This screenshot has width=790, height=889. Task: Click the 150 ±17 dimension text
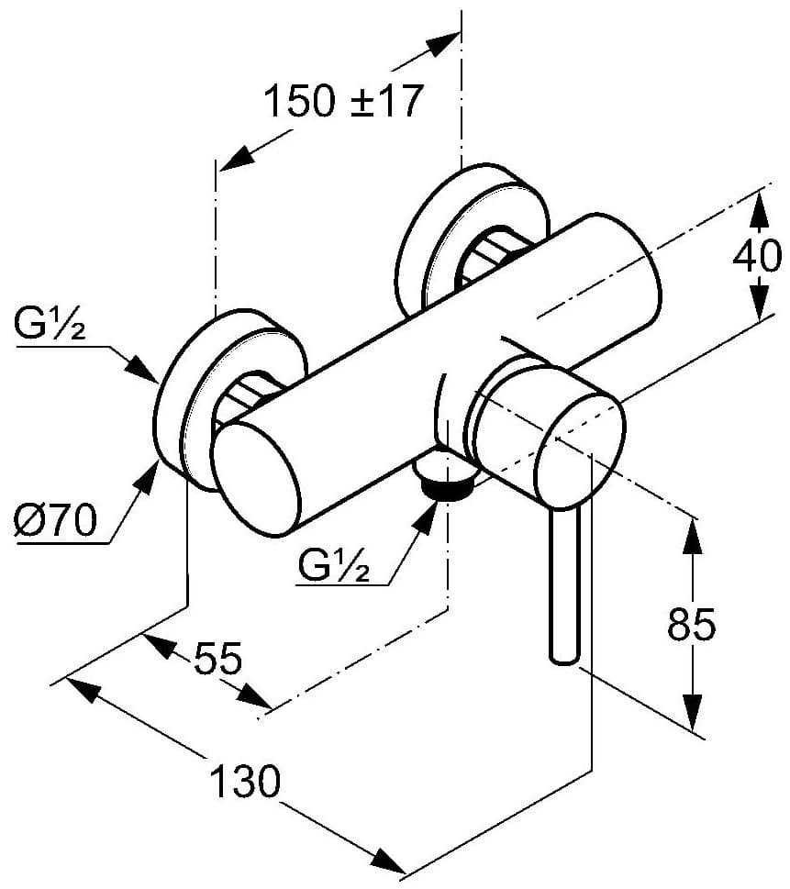click(343, 101)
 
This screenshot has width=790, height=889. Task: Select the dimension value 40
click(757, 257)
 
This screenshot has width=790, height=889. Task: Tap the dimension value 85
click(691, 626)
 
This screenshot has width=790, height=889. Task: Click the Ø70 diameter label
click(55, 523)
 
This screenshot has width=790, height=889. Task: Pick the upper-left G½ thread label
click(50, 326)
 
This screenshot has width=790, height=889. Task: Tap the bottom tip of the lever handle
click(563, 655)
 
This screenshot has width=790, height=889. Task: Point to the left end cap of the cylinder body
click(257, 483)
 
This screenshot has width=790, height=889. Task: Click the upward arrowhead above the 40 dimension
click(758, 209)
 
